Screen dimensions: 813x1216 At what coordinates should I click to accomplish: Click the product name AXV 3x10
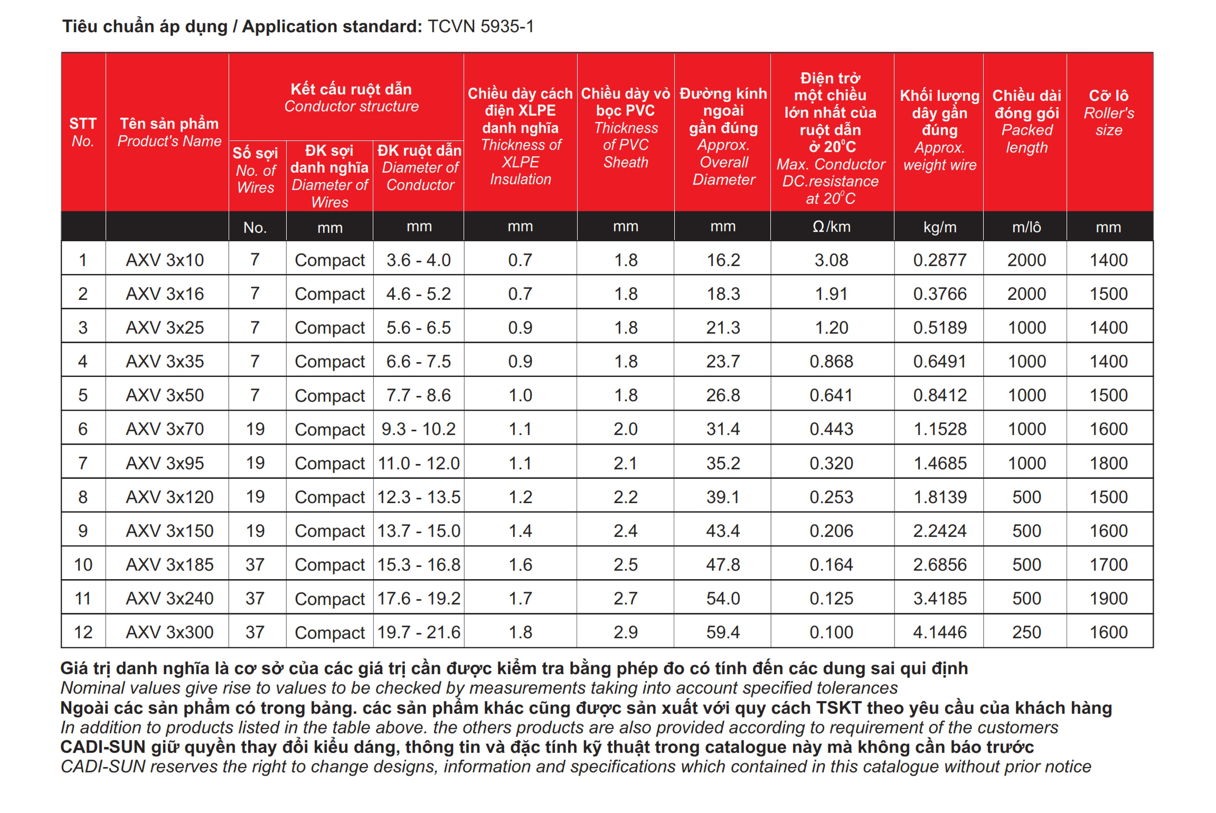click(165, 260)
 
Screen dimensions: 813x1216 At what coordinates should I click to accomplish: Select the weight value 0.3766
click(939, 294)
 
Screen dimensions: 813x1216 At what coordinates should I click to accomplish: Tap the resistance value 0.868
click(831, 361)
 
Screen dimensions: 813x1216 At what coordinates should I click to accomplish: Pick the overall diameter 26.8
click(723, 395)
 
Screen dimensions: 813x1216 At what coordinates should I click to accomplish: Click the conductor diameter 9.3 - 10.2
click(418, 429)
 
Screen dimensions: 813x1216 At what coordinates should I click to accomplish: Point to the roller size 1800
click(1108, 463)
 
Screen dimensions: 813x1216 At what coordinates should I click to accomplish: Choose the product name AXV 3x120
click(169, 497)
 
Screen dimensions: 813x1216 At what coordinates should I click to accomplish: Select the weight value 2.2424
click(939, 531)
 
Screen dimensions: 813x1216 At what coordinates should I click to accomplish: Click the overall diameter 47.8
click(723, 564)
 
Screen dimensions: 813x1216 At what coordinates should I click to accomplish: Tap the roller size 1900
click(1108, 598)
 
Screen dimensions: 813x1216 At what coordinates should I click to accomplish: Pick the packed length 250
click(1026, 632)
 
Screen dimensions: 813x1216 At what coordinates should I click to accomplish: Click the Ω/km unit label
click(831, 227)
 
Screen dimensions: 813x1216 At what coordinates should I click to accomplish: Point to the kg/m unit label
click(939, 227)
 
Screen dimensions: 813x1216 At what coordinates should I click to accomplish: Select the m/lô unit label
click(1026, 227)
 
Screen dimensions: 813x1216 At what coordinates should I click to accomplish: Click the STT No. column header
click(83, 132)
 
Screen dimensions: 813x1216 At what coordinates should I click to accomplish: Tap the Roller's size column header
click(1108, 113)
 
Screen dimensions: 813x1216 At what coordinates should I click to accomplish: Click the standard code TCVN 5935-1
click(480, 26)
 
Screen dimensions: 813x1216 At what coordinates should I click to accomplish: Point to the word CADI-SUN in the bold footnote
click(102, 747)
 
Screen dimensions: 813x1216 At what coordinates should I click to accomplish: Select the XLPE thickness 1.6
click(520, 564)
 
